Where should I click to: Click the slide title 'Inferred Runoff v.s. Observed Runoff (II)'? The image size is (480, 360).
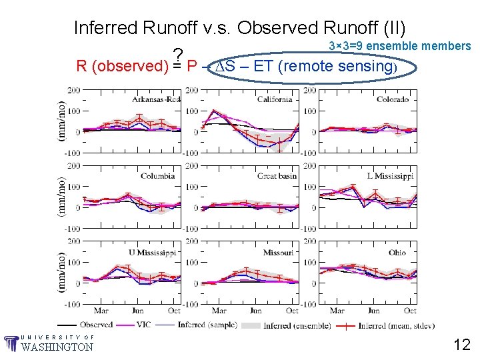239,28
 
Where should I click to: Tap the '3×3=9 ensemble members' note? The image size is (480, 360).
400,46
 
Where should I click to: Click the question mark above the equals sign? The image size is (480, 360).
177,55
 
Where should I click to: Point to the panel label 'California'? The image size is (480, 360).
275,99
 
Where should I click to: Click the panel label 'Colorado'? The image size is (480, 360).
393,99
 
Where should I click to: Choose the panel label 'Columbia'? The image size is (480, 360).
158,176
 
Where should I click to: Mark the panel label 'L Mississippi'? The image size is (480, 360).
390,176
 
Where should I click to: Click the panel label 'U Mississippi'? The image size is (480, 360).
153,253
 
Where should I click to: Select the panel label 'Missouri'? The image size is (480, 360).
278,253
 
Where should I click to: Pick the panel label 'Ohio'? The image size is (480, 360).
397,253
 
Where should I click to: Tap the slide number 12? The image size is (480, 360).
462,344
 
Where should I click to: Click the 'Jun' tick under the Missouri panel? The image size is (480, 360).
255,311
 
